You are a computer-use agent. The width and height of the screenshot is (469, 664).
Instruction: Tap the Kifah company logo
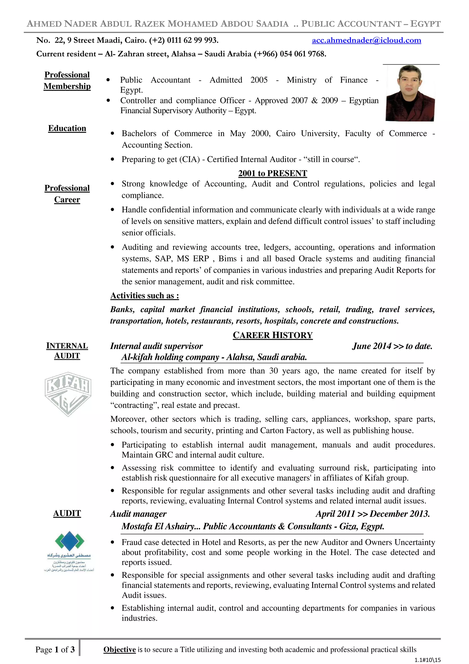point(68,394)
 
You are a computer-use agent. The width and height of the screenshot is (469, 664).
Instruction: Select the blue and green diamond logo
point(69,541)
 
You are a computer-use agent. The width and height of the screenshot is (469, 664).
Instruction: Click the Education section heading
point(67,128)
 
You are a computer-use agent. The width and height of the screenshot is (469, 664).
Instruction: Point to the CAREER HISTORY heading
point(273,335)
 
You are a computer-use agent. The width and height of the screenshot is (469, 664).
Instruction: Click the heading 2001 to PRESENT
point(273,173)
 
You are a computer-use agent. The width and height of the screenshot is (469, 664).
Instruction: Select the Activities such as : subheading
point(145,296)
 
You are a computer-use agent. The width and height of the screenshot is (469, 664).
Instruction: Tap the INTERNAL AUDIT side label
point(67,351)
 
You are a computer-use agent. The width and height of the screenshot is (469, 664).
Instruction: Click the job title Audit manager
point(138,514)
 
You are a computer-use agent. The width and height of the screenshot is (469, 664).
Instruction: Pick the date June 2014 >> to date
point(392,346)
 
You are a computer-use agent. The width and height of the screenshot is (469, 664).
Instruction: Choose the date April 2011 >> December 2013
point(373,514)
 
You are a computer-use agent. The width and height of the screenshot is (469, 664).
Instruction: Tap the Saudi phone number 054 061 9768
point(303,54)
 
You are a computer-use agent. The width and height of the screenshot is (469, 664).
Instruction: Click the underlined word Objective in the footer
point(119,650)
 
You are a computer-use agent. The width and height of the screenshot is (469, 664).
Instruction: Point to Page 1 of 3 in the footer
point(55,650)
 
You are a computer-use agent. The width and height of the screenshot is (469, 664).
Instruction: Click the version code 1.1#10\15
point(427,660)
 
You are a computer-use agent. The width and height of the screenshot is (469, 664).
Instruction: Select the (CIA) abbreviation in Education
point(189,159)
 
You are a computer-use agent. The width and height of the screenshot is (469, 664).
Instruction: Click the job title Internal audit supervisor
point(156,346)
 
